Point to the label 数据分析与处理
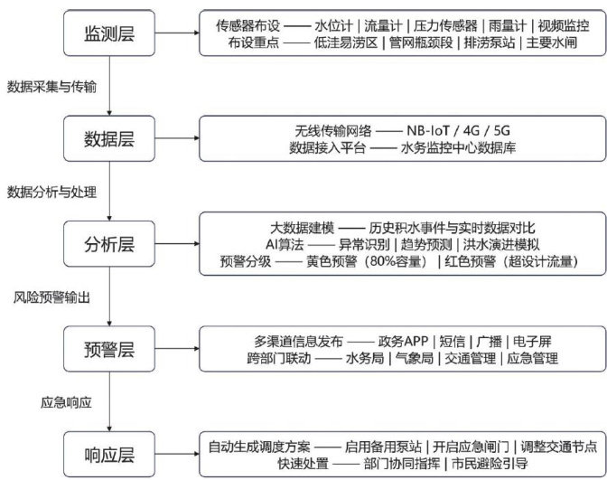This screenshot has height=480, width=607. [x=52, y=193]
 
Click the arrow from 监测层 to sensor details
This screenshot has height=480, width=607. [x=176, y=34]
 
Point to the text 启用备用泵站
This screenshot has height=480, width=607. [x=384, y=446]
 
